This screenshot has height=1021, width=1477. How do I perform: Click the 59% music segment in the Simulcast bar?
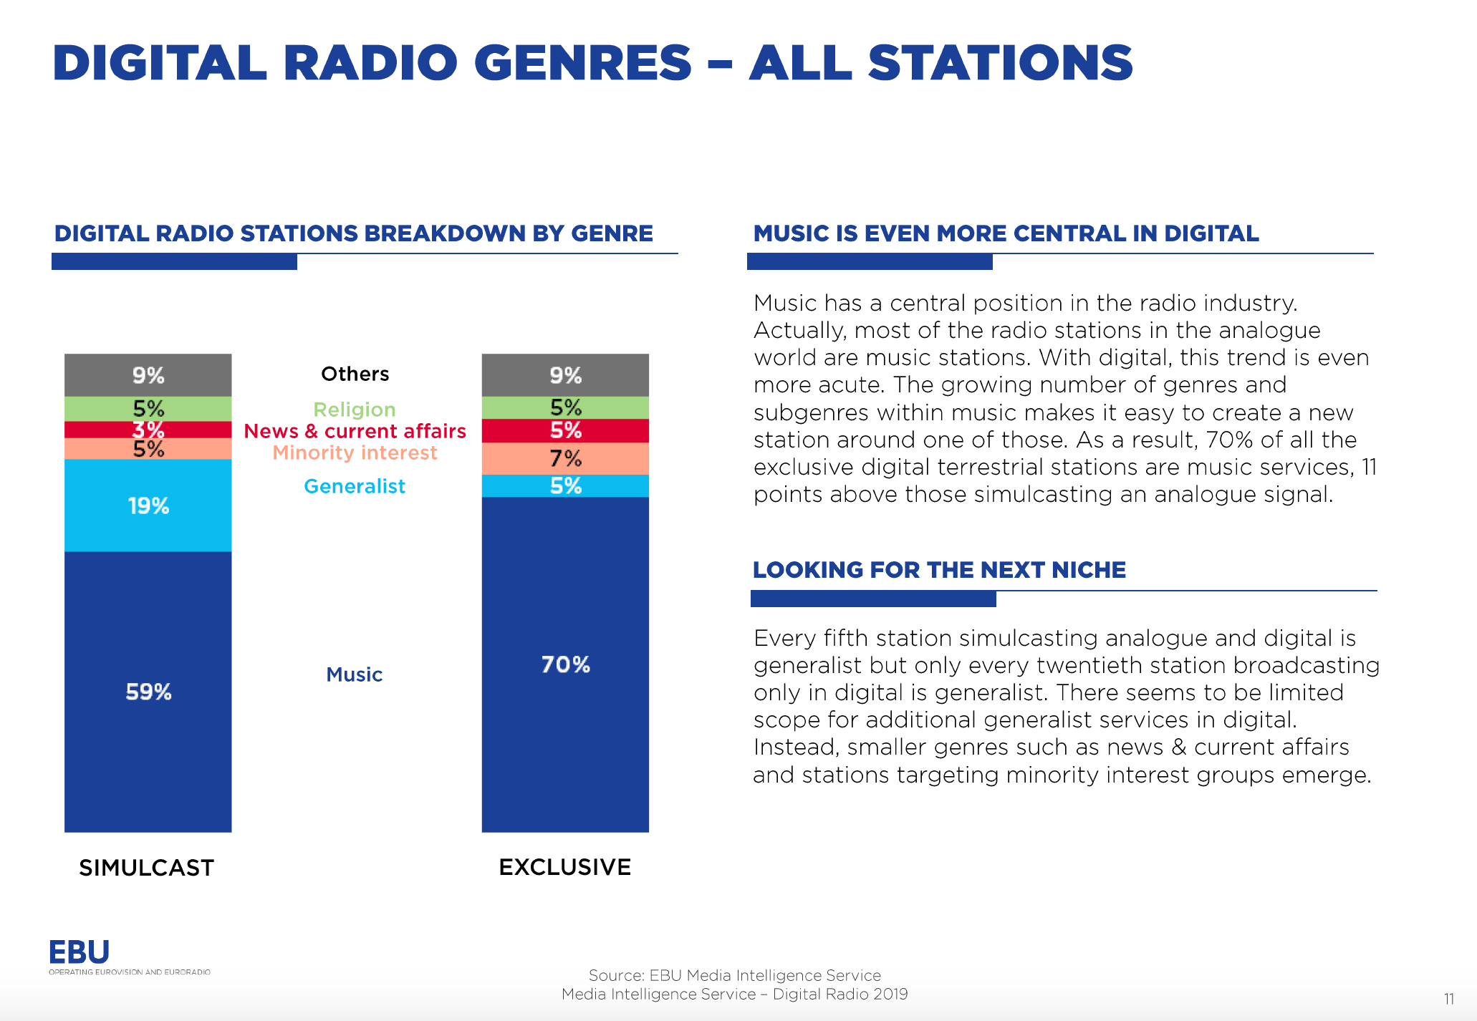[x=148, y=692]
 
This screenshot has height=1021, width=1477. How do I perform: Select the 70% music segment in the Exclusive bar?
[x=565, y=664]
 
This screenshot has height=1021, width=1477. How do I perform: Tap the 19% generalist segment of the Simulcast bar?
[x=148, y=505]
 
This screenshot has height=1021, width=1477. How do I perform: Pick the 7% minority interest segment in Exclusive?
[x=565, y=458]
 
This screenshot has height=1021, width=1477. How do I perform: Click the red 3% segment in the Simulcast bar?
[x=148, y=430]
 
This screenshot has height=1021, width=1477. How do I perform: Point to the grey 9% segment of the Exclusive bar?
[x=565, y=374]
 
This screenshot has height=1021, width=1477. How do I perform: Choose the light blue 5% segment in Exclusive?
[x=565, y=486]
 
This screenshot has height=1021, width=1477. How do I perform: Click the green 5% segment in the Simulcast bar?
[x=148, y=408]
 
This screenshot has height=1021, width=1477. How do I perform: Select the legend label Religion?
[x=355, y=410]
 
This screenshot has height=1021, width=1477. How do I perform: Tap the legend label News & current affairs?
[x=355, y=431]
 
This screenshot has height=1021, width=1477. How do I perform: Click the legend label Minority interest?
[x=355, y=453]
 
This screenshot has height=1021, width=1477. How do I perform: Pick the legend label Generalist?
[x=355, y=486]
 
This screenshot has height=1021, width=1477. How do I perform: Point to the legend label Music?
[x=355, y=674]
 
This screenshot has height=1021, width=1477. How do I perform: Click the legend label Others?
[x=355, y=374]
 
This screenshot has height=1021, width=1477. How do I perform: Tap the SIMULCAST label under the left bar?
[x=146, y=868]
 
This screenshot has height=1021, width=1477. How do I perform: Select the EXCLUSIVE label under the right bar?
[x=564, y=867]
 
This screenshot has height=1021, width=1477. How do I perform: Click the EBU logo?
[x=80, y=953]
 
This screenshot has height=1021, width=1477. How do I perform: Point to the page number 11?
[x=1448, y=999]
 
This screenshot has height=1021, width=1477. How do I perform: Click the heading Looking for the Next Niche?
[x=939, y=570]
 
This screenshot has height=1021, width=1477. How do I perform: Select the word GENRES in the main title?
[x=583, y=63]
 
